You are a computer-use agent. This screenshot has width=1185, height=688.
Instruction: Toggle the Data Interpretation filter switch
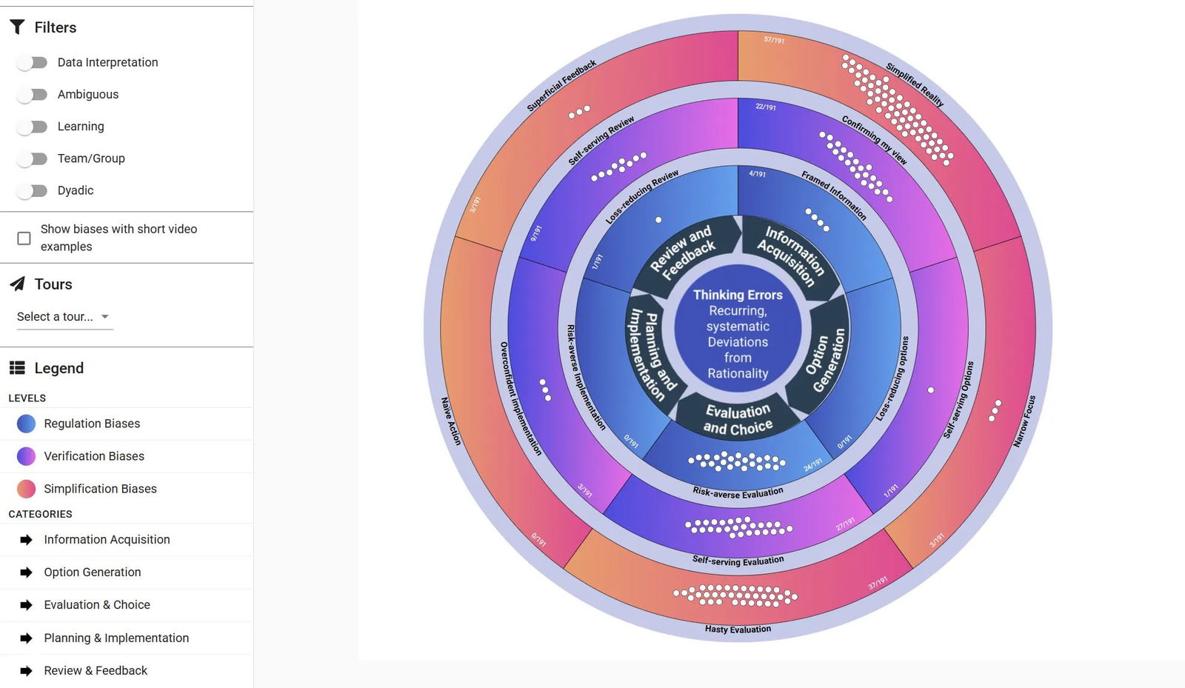pyautogui.click(x=32, y=63)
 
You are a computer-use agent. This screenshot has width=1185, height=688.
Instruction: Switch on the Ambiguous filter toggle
pyautogui.click(x=32, y=95)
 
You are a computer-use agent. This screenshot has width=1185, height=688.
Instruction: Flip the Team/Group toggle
pyautogui.click(x=32, y=158)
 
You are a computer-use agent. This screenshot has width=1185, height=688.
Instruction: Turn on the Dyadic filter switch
pyautogui.click(x=32, y=191)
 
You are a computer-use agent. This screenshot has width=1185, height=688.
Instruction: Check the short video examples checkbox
pyautogui.click(x=24, y=238)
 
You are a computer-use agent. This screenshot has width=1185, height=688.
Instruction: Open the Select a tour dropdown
pyautogui.click(x=64, y=317)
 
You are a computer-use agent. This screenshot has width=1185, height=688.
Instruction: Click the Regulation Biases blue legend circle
pyautogui.click(x=26, y=424)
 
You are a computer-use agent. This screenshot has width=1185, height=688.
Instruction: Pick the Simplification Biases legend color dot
pyautogui.click(x=26, y=489)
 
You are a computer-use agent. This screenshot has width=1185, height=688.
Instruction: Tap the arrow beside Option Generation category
pyautogui.click(x=26, y=572)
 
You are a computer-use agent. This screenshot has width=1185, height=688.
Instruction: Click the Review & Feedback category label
pyautogui.click(x=96, y=671)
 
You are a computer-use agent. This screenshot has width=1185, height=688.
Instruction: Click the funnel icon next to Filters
pyautogui.click(x=17, y=27)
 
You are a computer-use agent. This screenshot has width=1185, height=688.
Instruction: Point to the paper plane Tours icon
pyautogui.click(x=17, y=284)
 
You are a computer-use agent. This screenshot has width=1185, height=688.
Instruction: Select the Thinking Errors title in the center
pyautogui.click(x=738, y=295)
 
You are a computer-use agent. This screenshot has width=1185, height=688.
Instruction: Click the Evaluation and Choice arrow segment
pyautogui.click(x=738, y=419)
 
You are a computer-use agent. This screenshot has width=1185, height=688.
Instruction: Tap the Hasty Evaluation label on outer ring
pyautogui.click(x=738, y=629)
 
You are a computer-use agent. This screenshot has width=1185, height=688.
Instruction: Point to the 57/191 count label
pyautogui.click(x=774, y=40)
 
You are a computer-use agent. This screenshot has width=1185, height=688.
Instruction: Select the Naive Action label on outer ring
pyautogui.click(x=451, y=421)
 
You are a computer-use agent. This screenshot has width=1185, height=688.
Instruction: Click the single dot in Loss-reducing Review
pyautogui.click(x=658, y=220)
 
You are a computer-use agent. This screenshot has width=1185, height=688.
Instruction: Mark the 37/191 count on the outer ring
pyautogui.click(x=878, y=583)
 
